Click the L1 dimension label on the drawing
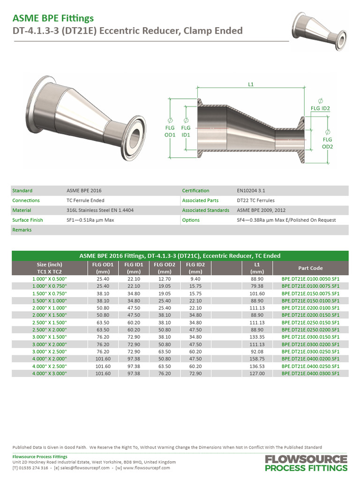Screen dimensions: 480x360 (250, 84)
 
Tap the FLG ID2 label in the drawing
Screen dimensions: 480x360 (321, 108)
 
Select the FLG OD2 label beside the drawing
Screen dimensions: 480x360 (327, 143)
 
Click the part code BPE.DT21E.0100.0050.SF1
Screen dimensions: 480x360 (310, 278)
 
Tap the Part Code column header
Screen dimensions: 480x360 (310, 268)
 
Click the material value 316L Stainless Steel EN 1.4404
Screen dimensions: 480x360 (100, 210)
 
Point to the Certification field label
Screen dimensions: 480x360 (195, 191)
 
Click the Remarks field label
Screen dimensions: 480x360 (22, 230)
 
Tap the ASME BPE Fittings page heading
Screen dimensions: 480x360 (53, 18)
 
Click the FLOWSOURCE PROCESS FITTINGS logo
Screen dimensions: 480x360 (306, 463)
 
